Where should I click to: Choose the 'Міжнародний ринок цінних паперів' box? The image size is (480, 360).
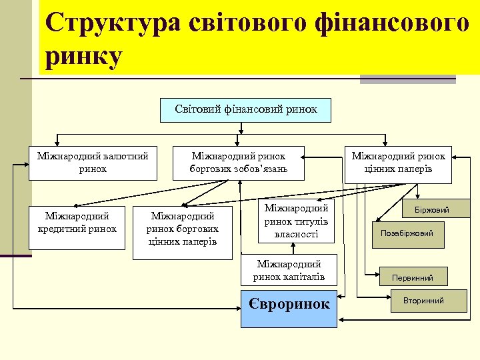[x=398, y=164]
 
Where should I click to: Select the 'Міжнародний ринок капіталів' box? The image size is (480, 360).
[x=289, y=271]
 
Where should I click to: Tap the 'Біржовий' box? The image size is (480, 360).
[x=432, y=209]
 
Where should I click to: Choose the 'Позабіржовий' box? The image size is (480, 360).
[x=407, y=233]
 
